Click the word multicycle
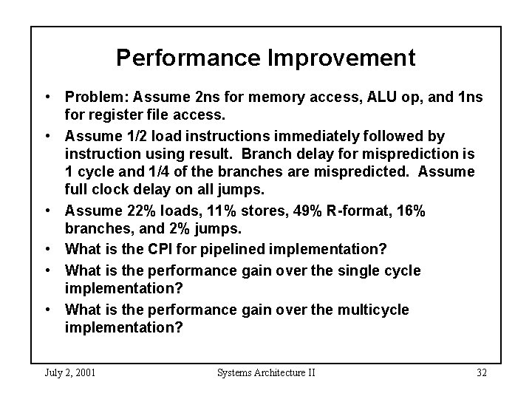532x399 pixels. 364,309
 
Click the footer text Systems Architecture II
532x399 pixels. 266,372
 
